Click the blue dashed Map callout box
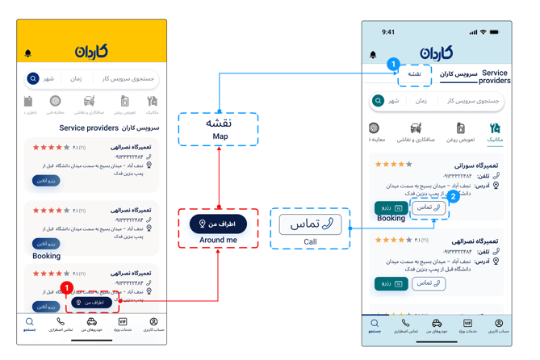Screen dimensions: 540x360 218,129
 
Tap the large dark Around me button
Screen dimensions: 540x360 218,224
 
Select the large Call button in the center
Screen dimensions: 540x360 310,224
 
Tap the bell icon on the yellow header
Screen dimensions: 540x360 28,53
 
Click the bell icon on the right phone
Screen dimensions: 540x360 373,55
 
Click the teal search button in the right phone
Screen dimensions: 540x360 378,101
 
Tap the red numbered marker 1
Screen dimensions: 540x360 67,288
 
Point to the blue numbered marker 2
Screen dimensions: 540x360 454,196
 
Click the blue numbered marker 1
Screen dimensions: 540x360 393,64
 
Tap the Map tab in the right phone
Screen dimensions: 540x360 414,74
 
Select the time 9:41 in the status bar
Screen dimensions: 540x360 388,32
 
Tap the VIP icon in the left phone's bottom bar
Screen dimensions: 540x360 123,322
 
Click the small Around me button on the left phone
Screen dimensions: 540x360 91,303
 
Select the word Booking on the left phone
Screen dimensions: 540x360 46,256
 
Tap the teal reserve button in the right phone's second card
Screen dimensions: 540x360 391,283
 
